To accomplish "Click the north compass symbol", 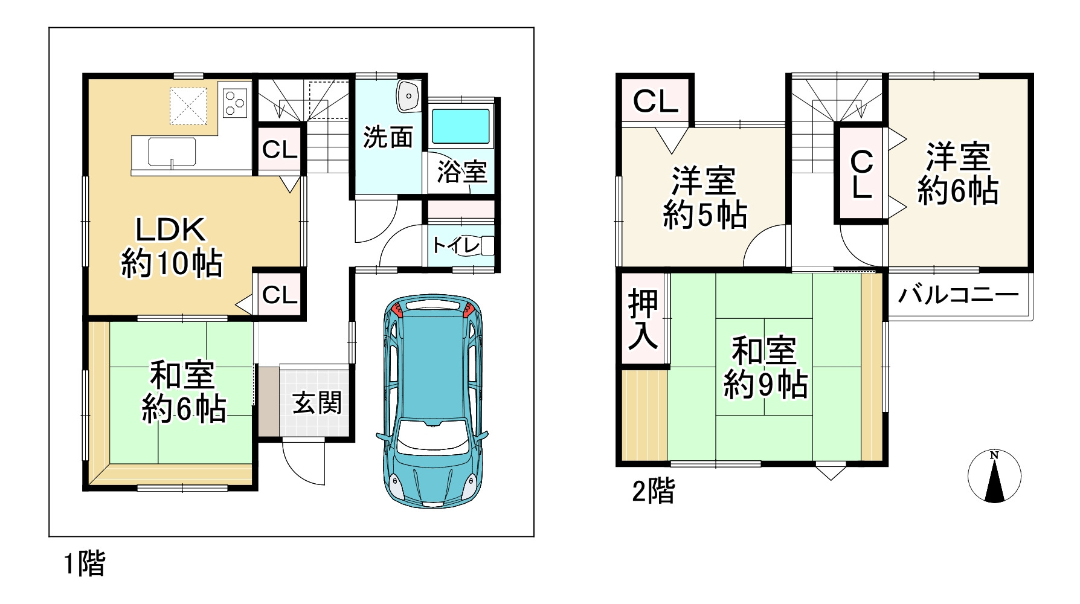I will tap(994, 476).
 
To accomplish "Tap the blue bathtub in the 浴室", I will tap(461, 126).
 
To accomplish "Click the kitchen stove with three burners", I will tap(235, 102).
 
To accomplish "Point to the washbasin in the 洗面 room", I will tap(409, 96).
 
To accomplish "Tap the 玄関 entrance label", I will tap(317, 403).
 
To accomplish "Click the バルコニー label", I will tap(958, 295).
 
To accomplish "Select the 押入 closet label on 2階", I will tap(643, 320).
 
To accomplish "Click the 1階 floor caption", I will tap(85, 565).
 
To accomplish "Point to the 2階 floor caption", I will tap(653, 492).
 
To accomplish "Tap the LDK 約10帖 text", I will tap(172, 246).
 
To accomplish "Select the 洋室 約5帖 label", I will tap(705, 198).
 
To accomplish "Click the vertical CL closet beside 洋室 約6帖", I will tap(861, 174).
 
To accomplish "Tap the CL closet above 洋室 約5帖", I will tap(655, 101).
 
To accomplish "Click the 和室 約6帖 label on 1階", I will tap(184, 391).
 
